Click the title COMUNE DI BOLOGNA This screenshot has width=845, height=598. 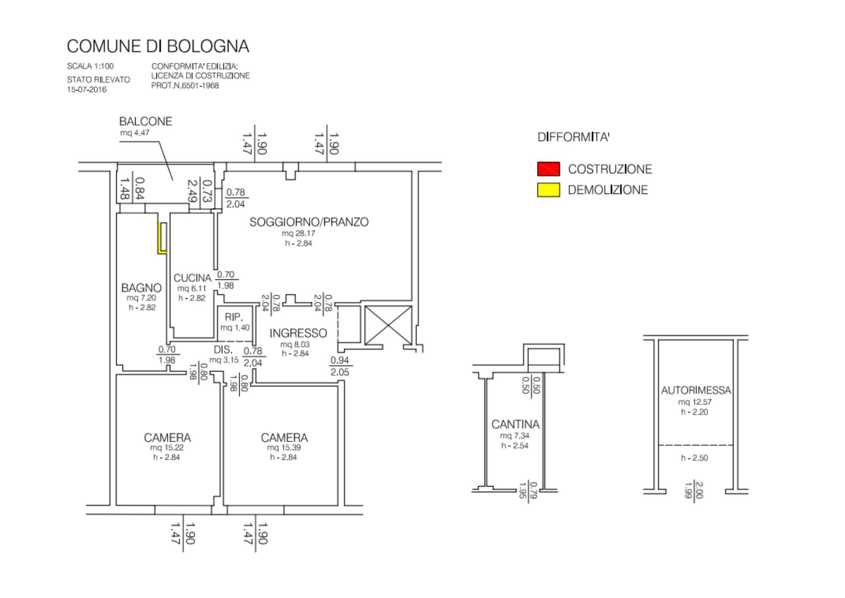click(158, 46)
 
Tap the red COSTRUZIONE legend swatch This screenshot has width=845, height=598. click(548, 169)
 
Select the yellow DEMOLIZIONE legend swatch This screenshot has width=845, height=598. click(548, 190)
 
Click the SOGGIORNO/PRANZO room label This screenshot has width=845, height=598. click(309, 222)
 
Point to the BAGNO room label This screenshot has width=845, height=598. click(142, 288)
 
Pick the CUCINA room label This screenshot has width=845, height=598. click(192, 278)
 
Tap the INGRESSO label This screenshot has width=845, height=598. click(298, 333)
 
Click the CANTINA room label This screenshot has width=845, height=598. click(515, 424)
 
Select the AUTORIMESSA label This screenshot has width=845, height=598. click(696, 390)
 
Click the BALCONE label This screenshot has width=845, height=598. click(146, 122)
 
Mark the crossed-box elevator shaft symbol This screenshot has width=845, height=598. click(388, 325)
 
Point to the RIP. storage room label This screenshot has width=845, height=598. click(234, 317)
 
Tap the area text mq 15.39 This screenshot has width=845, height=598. click(284, 448)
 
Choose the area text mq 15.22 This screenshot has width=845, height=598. click(167, 448)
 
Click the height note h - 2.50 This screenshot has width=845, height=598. click(695, 458)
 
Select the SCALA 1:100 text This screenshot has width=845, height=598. click(90, 66)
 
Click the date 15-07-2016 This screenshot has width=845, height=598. click(87, 90)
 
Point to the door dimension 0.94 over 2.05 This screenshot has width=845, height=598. click(340, 366)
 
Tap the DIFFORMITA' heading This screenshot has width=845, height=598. click(573, 137)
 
